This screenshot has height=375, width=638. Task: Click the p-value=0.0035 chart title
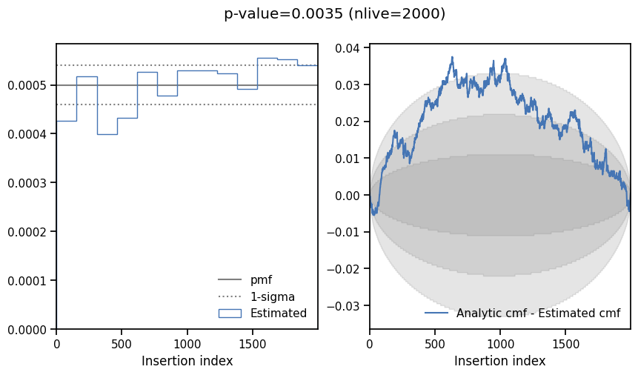click(x=334, y=14)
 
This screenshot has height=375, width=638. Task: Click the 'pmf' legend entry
click(x=261, y=280)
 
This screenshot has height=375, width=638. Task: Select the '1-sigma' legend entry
click(x=272, y=296)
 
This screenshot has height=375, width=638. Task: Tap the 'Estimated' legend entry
click(x=278, y=313)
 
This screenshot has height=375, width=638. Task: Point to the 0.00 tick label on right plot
click(x=348, y=195)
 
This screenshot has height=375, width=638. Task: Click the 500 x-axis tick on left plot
click(x=122, y=343)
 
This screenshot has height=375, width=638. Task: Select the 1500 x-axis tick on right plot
click(x=566, y=343)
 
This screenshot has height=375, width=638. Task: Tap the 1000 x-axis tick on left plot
click(x=187, y=343)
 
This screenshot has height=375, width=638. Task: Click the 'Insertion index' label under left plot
click(x=187, y=361)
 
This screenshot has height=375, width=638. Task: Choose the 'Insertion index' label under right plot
click(x=499, y=361)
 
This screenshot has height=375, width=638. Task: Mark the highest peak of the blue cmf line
click(x=452, y=57)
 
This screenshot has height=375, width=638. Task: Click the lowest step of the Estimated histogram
click(x=107, y=134)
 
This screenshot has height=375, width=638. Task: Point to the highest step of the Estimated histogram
click(x=267, y=58)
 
